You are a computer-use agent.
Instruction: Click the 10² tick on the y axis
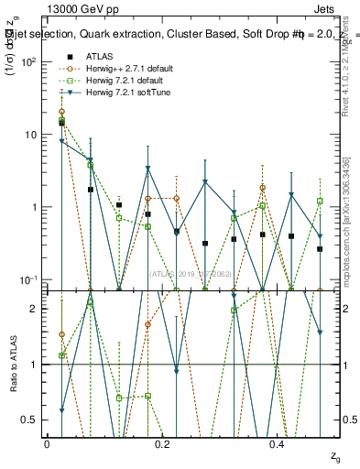[x=28, y=62]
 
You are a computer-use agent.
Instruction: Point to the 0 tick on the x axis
[x=47, y=444]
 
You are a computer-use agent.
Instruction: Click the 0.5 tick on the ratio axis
[x=31, y=420]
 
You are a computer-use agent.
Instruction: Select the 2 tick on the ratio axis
[x=35, y=309]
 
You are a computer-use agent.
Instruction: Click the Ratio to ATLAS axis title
[x=12, y=364]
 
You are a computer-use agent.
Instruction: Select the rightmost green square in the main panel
[x=320, y=201]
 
